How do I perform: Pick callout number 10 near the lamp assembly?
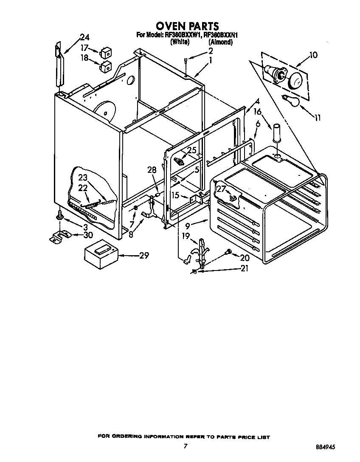[x=313, y=55]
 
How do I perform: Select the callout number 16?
[x=257, y=112]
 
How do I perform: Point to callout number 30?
[x=88, y=234]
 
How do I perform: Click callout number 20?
[x=245, y=257]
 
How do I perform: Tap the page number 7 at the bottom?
[x=185, y=446]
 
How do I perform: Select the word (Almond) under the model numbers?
[x=220, y=42]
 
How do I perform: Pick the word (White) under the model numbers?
[x=180, y=42]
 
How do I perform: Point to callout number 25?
[x=192, y=150]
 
